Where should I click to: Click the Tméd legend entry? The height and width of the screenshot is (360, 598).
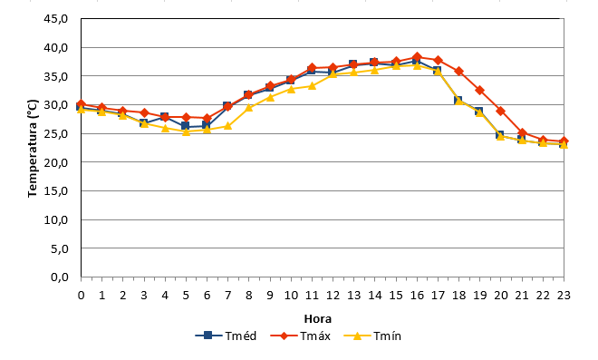pyautogui.click(x=226, y=336)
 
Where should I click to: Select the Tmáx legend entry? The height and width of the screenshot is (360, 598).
pyautogui.click(x=300, y=336)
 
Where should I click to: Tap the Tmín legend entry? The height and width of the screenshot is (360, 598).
pyautogui.click(x=372, y=336)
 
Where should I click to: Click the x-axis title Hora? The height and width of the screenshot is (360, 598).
pyautogui.click(x=318, y=319)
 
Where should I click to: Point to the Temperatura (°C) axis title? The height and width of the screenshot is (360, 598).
pyautogui.click(x=33, y=148)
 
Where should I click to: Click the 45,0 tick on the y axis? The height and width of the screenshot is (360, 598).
pyautogui.click(x=55, y=18)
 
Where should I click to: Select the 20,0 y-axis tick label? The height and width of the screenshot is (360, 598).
pyautogui.click(x=55, y=162)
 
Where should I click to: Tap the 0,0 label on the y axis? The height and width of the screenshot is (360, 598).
pyautogui.click(x=59, y=277)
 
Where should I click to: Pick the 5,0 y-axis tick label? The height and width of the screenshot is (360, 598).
pyautogui.click(x=59, y=248)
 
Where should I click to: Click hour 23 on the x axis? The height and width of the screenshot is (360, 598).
pyautogui.click(x=564, y=295)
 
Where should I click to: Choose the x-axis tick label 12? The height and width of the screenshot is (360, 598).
pyautogui.click(x=333, y=295)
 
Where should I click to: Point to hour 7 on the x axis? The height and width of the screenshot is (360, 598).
pyautogui.click(x=227, y=295)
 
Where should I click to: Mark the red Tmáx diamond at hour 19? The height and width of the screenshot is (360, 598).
pyautogui.click(x=480, y=91)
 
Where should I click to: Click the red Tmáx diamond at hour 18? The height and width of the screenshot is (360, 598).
pyautogui.click(x=458, y=71)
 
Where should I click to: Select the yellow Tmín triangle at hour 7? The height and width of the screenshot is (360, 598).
pyautogui.click(x=227, y=126)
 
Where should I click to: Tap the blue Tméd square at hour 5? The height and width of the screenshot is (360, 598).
pyautogui.click(x=186, y=126)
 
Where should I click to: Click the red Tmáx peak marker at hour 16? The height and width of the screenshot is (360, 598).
pyautogui.click(x=417, y=57)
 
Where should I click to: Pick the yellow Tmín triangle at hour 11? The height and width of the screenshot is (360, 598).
pyautogui.click(x=312, y=86)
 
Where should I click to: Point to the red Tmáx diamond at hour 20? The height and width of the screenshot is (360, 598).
pyautogui.click(x=501, y=112)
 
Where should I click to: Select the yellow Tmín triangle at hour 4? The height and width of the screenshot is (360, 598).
pyautogui.click(x=165, y=128)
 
